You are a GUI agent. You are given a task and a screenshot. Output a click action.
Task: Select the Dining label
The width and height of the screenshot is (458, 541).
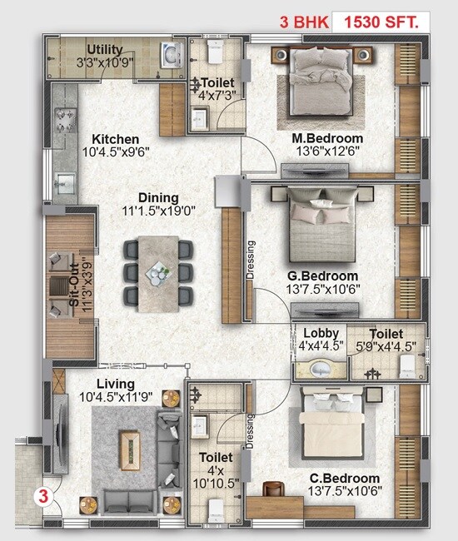158,198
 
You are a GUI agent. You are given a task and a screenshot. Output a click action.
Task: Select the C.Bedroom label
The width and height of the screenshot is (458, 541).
333,478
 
